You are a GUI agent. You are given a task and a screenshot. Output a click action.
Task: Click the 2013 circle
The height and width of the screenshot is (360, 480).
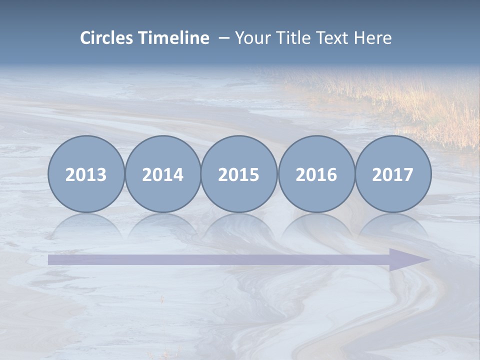click(x=86, y=174)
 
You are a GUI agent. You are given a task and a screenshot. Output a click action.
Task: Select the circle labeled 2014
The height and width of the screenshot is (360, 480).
click(x=162, y=174)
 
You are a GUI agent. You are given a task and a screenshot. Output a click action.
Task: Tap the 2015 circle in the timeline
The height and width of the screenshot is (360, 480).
click(x=239, y=174)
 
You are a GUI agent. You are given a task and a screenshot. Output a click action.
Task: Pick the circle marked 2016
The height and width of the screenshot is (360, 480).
click(x=316, y=174)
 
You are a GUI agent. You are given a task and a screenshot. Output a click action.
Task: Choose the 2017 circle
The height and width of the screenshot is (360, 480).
click(x=393, y=174)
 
